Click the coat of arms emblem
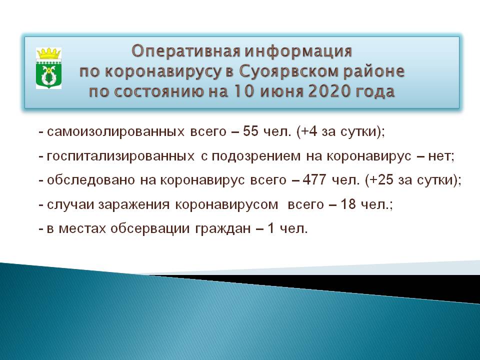pos(48,68)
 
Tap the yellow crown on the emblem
pos(48,53)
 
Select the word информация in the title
pos(298,51)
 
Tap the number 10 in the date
pos(242,91)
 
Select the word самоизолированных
pos(115,131)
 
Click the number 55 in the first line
pos(250,131)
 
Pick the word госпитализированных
pos(120,156)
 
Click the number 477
pos(314,179)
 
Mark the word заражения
pos(134,204)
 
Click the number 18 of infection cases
pos(348,204)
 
